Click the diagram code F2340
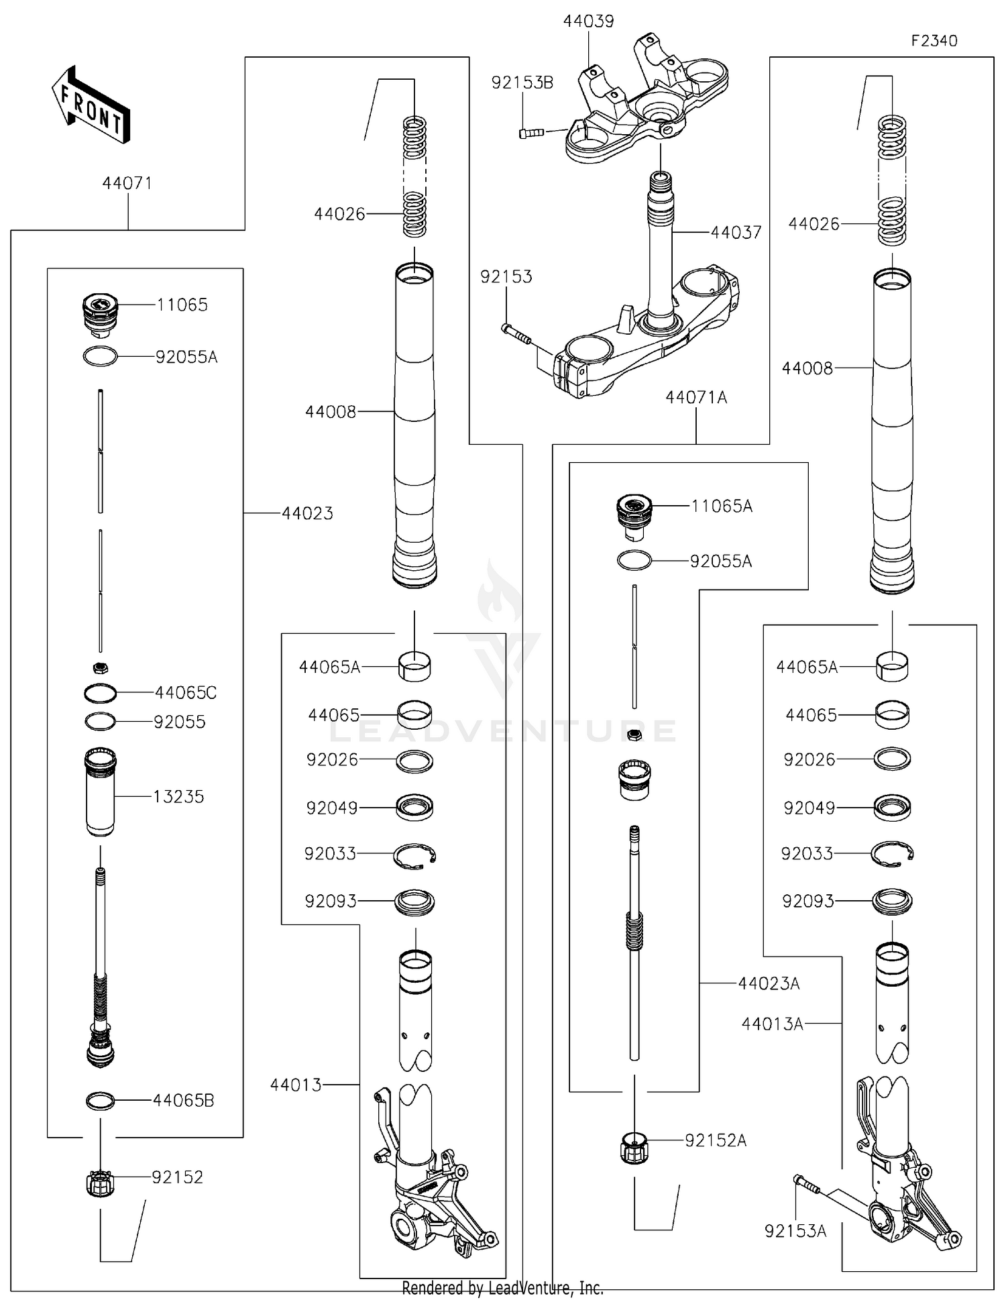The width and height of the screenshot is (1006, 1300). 934,41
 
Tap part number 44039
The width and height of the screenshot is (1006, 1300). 588,21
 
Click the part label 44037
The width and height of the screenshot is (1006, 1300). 736,233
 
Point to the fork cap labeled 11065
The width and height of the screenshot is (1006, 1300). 100,313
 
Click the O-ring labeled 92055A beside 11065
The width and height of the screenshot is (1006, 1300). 100,356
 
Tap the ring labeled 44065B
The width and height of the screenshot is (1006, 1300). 101,1101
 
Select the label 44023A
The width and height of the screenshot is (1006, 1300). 769,984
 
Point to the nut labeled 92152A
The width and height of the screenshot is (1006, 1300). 634,1148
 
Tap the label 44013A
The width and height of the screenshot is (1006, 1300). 772,1024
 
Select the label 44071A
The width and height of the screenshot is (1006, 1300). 695,398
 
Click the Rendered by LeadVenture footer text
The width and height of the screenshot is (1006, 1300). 502,1288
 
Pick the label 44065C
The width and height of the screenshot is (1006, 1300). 186,693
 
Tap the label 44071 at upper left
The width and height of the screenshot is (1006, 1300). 127,183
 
